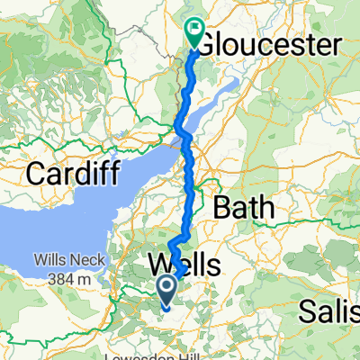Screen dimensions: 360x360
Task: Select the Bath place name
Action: (x=245, y=208)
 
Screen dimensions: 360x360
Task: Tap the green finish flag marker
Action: (x=195, y=32)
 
